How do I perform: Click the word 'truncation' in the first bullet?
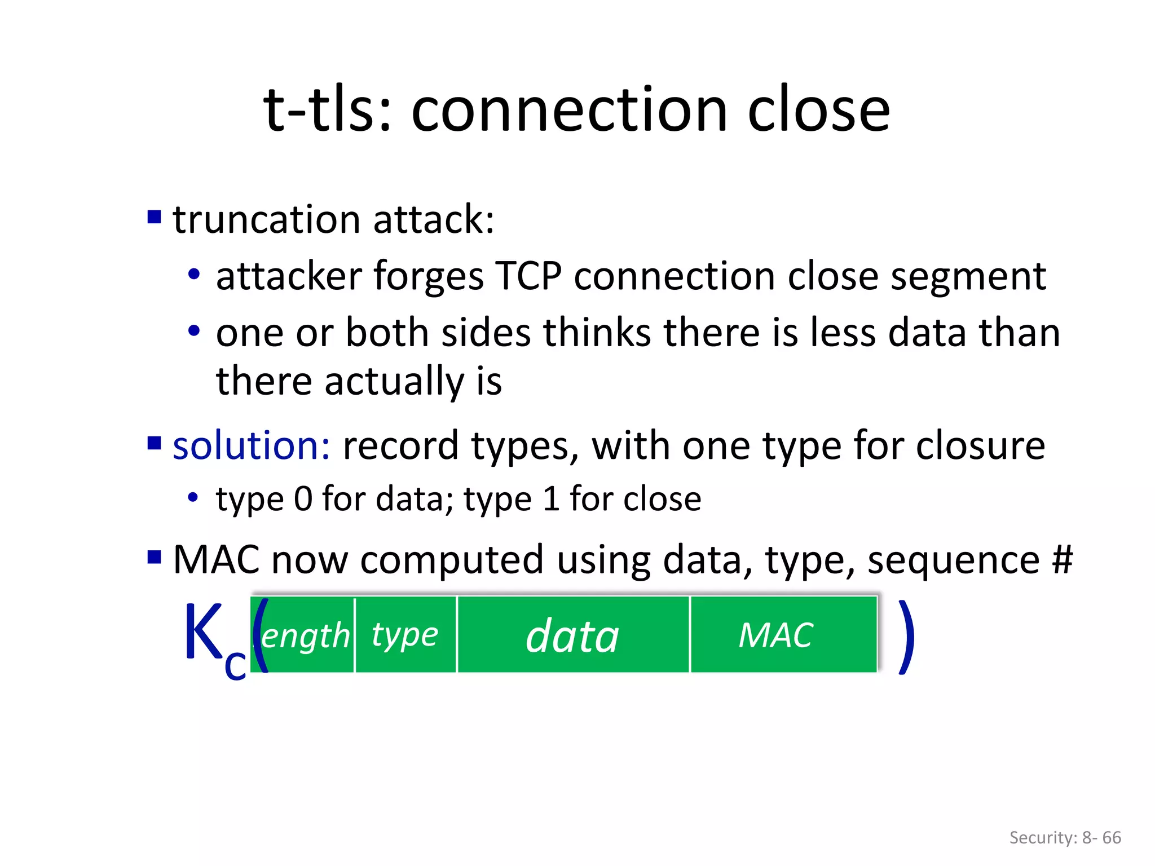tap(266, 219)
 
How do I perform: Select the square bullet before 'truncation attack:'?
tap(154, 216)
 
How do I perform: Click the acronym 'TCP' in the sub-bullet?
tap(528, 276)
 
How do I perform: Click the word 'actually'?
tap(394, 382)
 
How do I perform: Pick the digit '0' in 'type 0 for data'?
tap(303, 500)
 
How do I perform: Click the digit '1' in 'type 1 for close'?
tap(551, 500)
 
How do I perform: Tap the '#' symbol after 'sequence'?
tap(1062, 560)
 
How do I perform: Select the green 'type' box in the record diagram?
tap(405, 635)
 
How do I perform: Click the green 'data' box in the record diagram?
tap(573, 635)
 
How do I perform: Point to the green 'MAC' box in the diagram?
tap(783, 635)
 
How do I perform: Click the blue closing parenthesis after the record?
tap(906, 637)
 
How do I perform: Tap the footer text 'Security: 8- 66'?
tap(1065, 837)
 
